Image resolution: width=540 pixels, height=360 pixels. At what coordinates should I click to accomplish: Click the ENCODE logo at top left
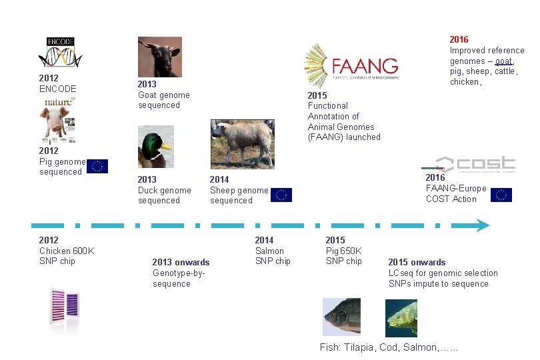coord(60,53)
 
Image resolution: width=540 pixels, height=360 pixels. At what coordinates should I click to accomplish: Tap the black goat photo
coord(159,57)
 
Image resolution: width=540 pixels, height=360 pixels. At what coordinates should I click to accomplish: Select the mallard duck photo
coord(155,147)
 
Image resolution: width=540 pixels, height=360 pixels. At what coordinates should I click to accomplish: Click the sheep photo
coord(242,143)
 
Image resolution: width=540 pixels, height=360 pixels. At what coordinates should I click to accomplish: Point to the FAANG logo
coord(351,66)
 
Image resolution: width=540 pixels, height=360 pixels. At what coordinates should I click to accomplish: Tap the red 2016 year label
coord(459,40)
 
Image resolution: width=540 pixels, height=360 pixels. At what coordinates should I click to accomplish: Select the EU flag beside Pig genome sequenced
coord(97,167)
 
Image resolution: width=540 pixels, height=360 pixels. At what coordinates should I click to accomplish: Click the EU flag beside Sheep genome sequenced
coord(281,195)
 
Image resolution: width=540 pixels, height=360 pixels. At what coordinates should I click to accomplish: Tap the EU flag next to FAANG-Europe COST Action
coord(501,195)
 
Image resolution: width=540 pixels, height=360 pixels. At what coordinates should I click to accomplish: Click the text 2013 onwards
coord(181,262)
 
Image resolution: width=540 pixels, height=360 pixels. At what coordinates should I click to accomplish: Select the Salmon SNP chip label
coord(273,251)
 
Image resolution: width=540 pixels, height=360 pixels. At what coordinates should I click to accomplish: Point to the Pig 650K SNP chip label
coord(343,251)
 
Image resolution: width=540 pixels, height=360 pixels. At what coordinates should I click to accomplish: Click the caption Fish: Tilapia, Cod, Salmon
coord(389,347)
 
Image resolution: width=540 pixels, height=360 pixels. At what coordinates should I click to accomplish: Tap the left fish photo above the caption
coord(341,317)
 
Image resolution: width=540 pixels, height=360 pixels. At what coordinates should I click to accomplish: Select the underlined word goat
coord(503,61)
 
